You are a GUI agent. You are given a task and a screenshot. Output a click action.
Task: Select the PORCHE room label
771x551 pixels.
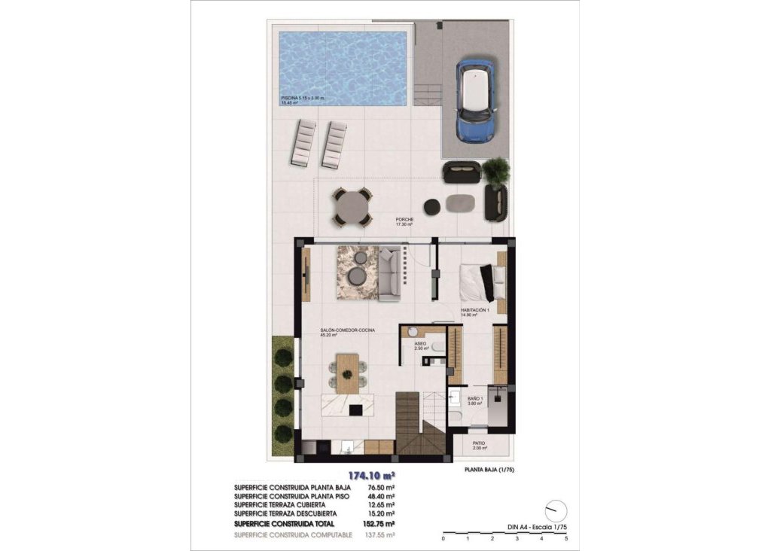coord(405,220)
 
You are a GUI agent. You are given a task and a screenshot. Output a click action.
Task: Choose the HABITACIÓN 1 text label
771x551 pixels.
coord(476,310)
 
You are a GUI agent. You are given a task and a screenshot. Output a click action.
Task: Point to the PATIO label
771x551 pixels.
coord(480,443)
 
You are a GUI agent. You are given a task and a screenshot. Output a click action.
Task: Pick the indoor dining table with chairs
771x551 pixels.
coord(348,373)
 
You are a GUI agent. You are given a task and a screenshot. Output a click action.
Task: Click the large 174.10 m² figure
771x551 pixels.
coord(372,475)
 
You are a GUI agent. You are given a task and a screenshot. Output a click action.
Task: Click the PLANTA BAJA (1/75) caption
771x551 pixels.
coord(489,470)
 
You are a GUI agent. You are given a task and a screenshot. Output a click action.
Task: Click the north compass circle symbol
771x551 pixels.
coord(556,510)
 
